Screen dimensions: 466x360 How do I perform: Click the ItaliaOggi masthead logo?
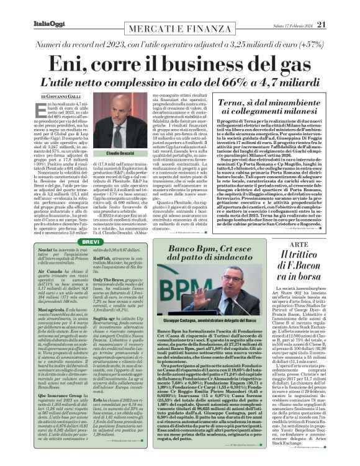tap(27, 7)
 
